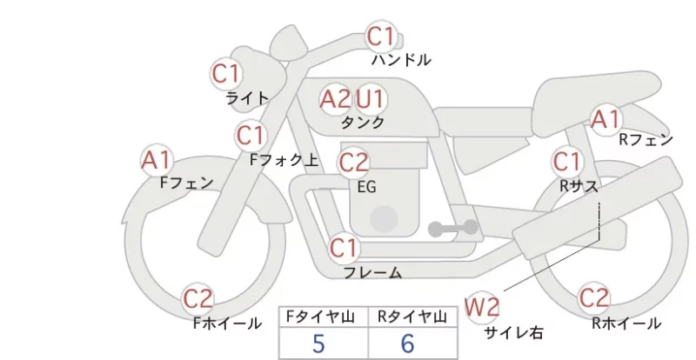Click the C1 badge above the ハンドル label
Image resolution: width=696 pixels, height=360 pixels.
pyautogui.click(x=381, y=37)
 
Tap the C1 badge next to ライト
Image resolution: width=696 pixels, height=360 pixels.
pyautogui.click(x=225, y=74)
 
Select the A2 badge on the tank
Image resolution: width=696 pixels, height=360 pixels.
pyautogui.click(x=335, y=99)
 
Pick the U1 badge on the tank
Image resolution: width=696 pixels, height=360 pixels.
pyautogui.click(x=370, y=99)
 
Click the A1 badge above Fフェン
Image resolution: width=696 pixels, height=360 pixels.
pyautogui.click(x=157, y=160)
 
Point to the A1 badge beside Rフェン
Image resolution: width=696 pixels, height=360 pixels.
pyautogui.click(x=606, y=119)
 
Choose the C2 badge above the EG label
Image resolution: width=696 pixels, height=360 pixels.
pyautogui.click(x=354, y=163)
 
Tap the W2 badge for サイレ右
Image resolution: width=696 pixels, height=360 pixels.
pyautogui.click(x=482, y=307)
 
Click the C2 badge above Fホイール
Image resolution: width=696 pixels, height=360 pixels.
pyautogui.click(x=198, y=298)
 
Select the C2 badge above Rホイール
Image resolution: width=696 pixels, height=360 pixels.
pyautogui.click(x=594, y=298)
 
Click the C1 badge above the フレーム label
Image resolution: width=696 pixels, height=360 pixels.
pyautogui.click(x=344, y=248)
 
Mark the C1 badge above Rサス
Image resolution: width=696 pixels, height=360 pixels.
pyautogui.click(x=567, y=162)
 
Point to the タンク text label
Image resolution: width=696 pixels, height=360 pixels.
pyautogui.click(x=362, y=123)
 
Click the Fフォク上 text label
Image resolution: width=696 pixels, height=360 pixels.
pyautogui.click(x=284, y=160)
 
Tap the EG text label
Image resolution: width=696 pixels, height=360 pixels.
pyautogui.click(x=366, y=187)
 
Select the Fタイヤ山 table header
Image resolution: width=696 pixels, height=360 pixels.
pyautogui.click(x=320, y=317)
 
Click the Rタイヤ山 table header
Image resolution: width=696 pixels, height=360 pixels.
pyautogui.click(x=412, y=317)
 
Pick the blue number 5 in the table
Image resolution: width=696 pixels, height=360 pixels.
pyautogui.click(x=318, y=343)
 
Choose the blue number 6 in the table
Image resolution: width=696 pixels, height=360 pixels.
pyautogui.click(x=407, y=343)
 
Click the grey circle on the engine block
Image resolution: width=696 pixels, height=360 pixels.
pyautogui.click(x=384, y=219)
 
